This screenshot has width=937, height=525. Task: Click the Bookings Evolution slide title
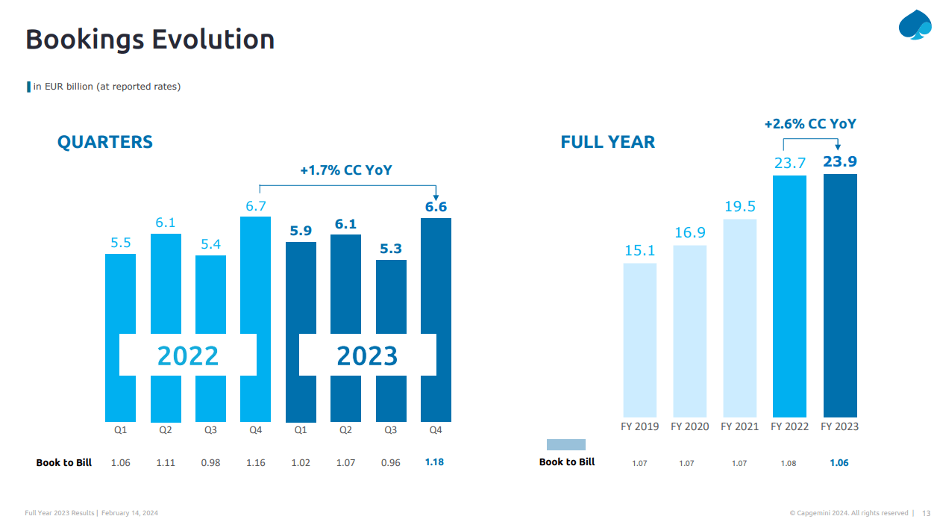click(150, 39)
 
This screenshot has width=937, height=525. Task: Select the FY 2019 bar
click(639, 340)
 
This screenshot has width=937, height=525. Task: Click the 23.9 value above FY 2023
click(839, 162)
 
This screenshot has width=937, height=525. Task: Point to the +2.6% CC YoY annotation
click(810, 124)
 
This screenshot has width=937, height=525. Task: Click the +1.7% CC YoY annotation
click(346, 170)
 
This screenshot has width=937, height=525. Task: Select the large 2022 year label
click(188, 356)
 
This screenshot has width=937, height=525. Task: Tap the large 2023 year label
click(367, 356)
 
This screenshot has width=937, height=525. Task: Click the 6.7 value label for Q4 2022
click(256, 205)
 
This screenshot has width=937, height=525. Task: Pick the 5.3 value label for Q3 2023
click(391, 249)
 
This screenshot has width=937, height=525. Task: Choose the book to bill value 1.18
click(434, 462)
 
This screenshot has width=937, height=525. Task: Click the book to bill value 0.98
click(210, 463)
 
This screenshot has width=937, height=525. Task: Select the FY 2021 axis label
click(739, 426)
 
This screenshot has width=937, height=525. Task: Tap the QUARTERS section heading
click(105, 142)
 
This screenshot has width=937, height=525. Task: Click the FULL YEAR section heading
click(607, 142)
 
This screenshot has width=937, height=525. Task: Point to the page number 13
click(926, 513)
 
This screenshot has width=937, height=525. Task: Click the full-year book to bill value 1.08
click(789, 464)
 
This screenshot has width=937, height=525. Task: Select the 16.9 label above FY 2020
click(689, 233)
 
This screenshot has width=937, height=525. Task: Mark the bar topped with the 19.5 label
click(739, 317)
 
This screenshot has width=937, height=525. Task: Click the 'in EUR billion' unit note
click(107, 87)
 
